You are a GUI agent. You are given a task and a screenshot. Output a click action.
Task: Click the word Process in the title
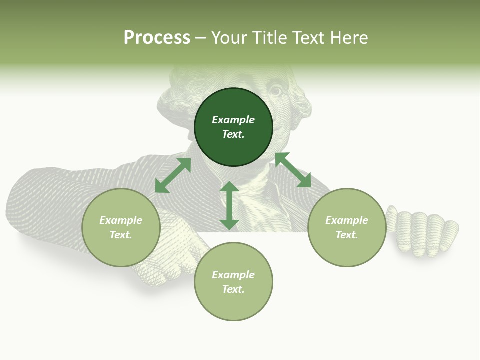[157, 38]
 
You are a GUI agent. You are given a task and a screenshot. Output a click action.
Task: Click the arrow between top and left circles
[173, 175]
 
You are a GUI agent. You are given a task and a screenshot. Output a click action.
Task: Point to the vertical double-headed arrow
[229, 205]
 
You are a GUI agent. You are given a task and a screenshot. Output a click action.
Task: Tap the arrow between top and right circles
[293, 170]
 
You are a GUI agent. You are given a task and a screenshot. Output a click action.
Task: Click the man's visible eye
[276, 91]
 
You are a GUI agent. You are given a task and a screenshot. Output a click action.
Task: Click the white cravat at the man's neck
[247, 200]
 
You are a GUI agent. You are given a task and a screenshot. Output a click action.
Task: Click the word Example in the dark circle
[233, 120]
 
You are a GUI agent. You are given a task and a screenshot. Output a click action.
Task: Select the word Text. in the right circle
[347, 235]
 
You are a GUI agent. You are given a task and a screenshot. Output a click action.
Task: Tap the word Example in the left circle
[121, 220]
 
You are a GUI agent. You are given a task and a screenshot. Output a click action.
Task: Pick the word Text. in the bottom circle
[233, 289]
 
